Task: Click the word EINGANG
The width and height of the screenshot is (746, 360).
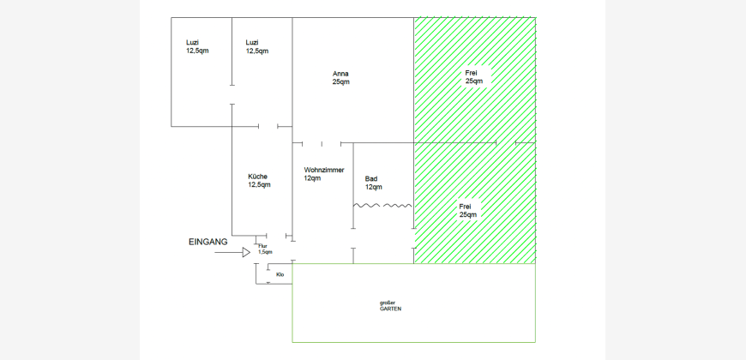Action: [208, 242]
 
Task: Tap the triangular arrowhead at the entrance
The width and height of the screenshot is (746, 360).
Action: [246, 253]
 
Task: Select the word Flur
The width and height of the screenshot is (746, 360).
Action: [262, 246]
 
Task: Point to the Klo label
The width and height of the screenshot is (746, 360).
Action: [280, 274]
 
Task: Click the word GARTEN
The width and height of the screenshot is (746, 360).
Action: [390, 309]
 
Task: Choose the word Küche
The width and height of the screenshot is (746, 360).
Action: [257, 177]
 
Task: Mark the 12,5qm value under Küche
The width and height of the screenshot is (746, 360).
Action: [259, 184]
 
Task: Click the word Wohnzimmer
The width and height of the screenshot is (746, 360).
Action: [324, 170]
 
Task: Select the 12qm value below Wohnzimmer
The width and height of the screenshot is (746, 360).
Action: [313, 178]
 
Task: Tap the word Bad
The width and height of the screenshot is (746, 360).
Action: [371, 179]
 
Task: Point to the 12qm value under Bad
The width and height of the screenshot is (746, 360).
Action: [374, 187]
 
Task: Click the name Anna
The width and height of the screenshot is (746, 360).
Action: [340, 74]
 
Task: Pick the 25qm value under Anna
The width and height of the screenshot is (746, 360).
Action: [341, 81]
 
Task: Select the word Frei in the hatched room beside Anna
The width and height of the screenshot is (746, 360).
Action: [471, 73]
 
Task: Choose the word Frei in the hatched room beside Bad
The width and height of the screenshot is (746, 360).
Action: [466, 207]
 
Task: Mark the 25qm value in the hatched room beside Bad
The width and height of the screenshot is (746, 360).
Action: [468, 214]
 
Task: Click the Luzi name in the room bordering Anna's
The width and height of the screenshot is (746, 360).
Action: [252, 43]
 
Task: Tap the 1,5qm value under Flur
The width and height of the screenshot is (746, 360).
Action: [265, 252]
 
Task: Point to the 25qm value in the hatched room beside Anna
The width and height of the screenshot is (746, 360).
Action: [474, 81]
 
